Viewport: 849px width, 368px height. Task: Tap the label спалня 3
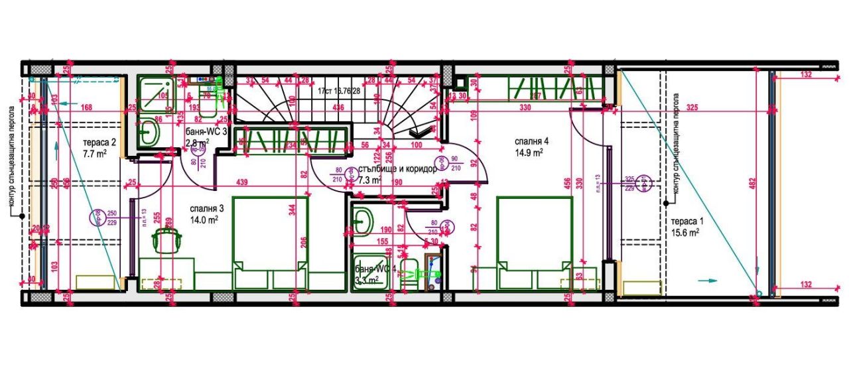coord(204,206)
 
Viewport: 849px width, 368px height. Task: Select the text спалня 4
coord(531,141)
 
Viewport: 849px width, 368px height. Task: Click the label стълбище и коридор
coord(397,169)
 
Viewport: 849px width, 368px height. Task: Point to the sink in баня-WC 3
coord(148,133)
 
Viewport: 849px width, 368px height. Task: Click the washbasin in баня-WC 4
coord(361,219)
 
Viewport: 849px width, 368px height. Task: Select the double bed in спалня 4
coord(534,243)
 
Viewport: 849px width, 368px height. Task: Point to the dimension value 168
coord(86,107)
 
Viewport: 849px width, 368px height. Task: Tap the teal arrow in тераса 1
coord(708,280)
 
